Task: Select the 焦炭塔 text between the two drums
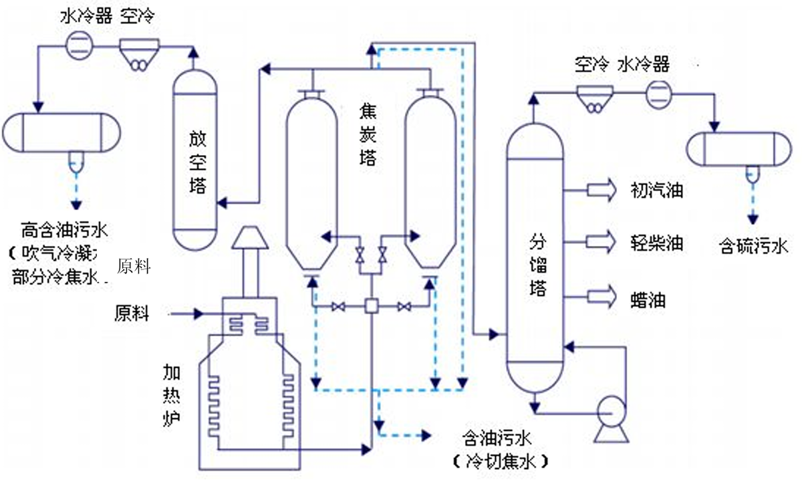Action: tap(367, 136)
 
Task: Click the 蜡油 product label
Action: tap(648, 299)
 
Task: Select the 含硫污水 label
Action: tap(753, 246)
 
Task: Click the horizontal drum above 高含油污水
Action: tap(61, 133)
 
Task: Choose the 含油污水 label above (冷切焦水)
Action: tap(497, 439)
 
